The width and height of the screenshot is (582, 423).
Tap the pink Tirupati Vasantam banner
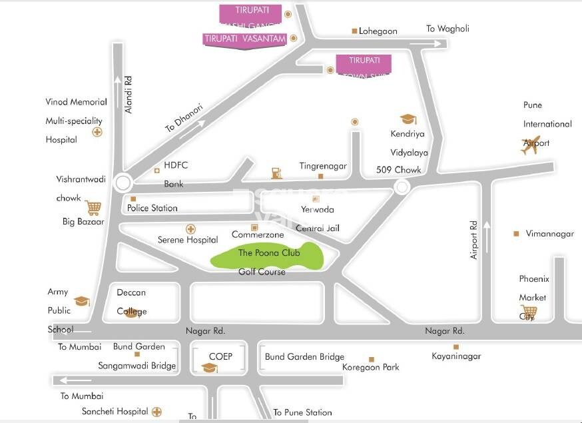click(x=244, y=39)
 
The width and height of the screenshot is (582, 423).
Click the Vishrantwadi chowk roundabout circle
click(x=123, y=183)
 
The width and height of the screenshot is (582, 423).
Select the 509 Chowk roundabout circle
click(x=402, y=189)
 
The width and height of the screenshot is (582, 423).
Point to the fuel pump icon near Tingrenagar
click(x=276, y=173)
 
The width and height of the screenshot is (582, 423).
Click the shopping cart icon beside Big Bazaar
click(x=93, y=209)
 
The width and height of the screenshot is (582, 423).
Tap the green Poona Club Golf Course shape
click(x=266, y=258)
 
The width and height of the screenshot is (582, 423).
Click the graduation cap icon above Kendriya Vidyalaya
click(x=408, y=119)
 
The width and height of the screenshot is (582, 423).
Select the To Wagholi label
click(x=447, y=29)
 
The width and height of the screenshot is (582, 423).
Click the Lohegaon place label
click(x=378, y=31)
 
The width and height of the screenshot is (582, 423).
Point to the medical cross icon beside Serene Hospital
click(x=190, y=228)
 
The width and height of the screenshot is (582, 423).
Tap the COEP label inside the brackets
click(x=220, y=356)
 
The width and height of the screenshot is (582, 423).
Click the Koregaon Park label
click(x=370, y=367)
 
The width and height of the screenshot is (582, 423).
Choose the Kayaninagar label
click(x=456, y=356)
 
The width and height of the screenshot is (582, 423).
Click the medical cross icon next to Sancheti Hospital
click(x=157, y=412)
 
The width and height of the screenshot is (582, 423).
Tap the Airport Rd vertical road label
click(x=474, y=240)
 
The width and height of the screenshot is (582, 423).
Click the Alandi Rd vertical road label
click(x=129, y=94)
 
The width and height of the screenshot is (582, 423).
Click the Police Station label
click(x=152, y=208)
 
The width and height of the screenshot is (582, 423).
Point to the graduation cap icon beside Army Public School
click(x=81, y=302)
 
